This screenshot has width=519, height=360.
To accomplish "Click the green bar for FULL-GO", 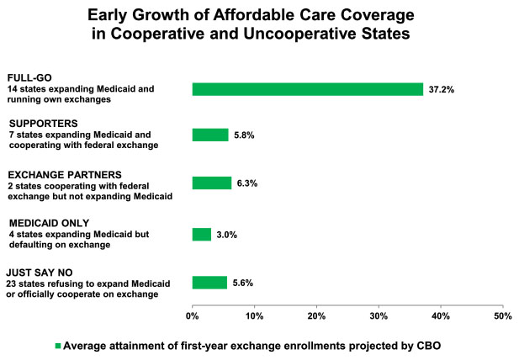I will [307, 89].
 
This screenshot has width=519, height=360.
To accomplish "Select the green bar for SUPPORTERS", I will [210, 135].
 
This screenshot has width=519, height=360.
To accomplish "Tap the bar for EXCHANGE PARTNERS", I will [212, 183].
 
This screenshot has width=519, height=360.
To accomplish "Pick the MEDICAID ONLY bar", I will [202, 235].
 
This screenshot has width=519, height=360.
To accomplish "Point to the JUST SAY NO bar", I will [209, 283].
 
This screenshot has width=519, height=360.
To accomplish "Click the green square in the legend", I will [59, 345].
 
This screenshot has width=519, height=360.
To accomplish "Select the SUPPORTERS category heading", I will [38, 124].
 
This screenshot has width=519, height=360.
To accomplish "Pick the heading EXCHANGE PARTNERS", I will [57, 175].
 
